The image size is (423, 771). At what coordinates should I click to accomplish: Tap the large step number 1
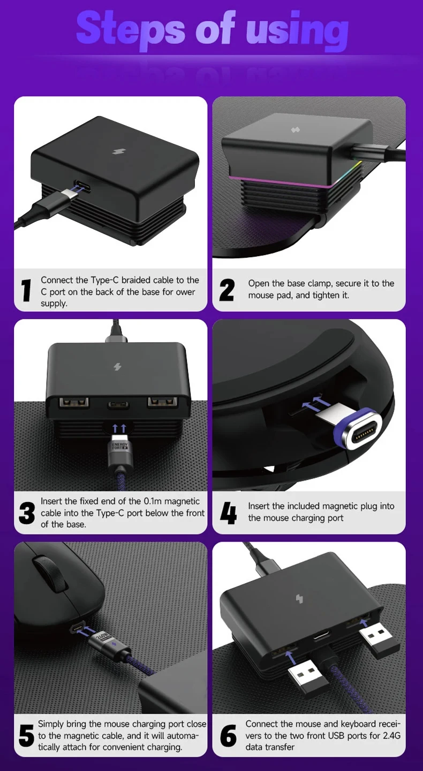[26, 290]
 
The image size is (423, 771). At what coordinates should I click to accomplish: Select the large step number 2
[227, 290]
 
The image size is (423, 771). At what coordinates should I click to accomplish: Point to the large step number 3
[27, 513]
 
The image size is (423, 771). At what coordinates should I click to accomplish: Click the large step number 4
[228, 513]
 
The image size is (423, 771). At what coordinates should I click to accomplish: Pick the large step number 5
[26, 736]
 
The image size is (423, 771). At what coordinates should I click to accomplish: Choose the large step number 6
[228, 736]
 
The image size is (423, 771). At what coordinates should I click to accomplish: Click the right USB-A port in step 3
[163, 402]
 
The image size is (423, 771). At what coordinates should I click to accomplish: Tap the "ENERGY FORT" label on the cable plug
[119, 447]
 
